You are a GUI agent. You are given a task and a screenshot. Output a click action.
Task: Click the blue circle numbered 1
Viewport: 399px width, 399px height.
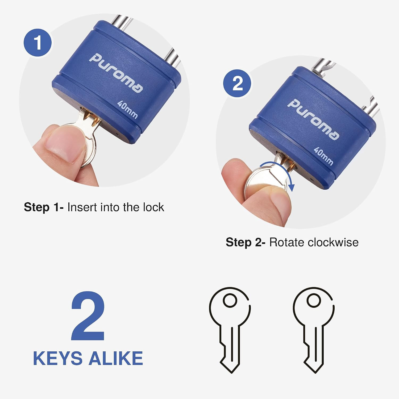38,43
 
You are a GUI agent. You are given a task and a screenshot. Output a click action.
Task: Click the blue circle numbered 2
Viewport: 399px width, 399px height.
237,83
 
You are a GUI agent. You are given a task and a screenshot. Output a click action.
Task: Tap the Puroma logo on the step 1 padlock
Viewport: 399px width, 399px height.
116,73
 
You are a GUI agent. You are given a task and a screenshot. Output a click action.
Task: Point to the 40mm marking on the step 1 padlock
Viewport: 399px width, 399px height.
128,110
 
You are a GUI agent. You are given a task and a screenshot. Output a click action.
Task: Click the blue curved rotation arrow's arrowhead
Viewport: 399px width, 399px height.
292,187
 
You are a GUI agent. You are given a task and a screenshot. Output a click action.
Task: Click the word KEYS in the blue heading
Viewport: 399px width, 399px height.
58,358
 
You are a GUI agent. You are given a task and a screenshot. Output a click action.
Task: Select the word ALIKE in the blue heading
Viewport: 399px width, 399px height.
116,358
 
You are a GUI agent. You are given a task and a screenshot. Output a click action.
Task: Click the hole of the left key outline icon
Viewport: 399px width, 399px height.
230,300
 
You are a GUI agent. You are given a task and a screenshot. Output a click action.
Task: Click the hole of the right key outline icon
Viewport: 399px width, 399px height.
314,300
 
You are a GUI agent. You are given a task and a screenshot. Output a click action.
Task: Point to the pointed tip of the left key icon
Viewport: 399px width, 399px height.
231,372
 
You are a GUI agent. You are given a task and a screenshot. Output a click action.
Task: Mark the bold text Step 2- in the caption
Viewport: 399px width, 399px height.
245,242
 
